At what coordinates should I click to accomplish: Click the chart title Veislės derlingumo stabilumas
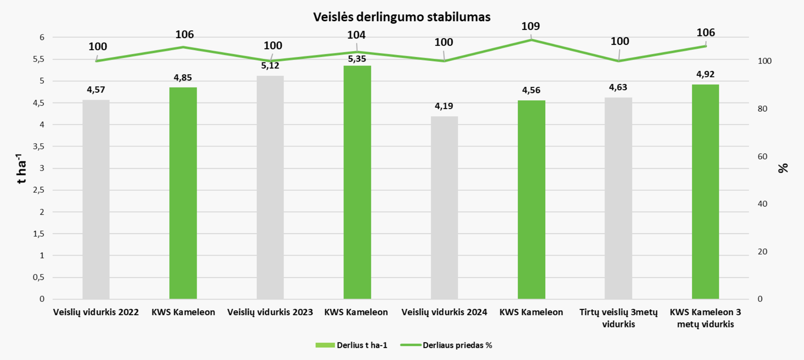point(402,17)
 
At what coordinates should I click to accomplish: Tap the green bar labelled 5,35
point(357,182)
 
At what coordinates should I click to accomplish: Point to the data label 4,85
point(183,78)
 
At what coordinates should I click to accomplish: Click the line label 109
point(530,26)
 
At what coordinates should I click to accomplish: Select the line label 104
point(356,35)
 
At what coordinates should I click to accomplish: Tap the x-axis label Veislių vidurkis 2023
point(270,312)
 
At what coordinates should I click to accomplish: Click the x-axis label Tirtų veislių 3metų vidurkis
point(618,318)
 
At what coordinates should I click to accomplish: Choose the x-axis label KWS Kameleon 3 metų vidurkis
point(705,318)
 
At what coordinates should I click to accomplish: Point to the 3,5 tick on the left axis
point(38,146)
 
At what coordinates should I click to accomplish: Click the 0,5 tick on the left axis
point(38,277)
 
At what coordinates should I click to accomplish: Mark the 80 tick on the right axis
point(762,109)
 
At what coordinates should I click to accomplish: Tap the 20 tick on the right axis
point(762,252)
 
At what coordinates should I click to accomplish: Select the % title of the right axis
point(783,168)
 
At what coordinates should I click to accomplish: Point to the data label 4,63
point(618,87)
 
